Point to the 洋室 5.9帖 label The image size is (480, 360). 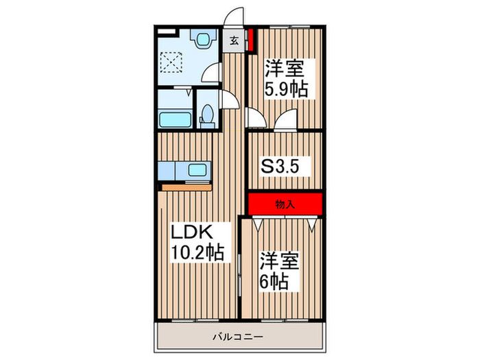click(x=285, y=79)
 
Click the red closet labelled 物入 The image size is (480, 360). click(x=285, y=204)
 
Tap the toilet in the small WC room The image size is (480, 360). click(x=206, y=117)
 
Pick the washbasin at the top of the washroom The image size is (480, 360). click(x=204, y=40)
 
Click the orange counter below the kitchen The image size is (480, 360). click(x=184, y=186)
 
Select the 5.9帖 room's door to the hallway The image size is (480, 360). click(x=256, y=121)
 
